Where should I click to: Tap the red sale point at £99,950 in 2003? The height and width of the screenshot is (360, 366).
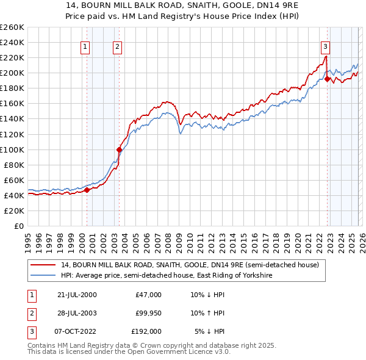point(119,149)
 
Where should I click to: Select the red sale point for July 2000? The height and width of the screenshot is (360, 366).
point(87,190)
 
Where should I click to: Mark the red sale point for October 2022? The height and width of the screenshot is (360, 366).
point(328,79)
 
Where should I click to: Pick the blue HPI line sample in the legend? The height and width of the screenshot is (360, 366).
point(44,276)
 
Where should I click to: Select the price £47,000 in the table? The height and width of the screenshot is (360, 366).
point(148,295)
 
